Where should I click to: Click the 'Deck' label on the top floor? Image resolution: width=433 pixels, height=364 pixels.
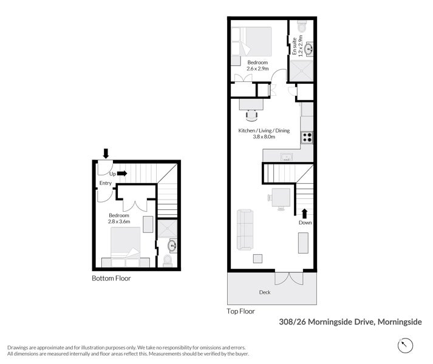click(x=264, y=292)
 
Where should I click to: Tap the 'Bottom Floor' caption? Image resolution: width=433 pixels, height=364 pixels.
click(x=111, y=278)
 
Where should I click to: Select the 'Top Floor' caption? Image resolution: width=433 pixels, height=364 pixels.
click(x=241, y=311)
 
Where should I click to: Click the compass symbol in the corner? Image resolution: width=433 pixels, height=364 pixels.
click(x=404, y=345)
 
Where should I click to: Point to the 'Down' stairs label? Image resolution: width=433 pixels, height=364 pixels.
click(x=305, y=223)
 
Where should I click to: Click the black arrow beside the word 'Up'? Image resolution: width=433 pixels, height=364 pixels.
click(x=121, y=173)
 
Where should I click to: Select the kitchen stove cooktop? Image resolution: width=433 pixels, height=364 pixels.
click(x=307, y=137)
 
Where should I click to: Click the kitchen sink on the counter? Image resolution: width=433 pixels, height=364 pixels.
click(x=287, y=157)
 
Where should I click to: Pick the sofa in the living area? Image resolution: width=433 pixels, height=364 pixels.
click(x=245, y=229)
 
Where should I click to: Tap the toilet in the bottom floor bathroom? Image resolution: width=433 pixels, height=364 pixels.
click(x=168, y=260)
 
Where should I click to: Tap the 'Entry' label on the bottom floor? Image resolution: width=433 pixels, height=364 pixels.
click(x=106, y=183)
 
